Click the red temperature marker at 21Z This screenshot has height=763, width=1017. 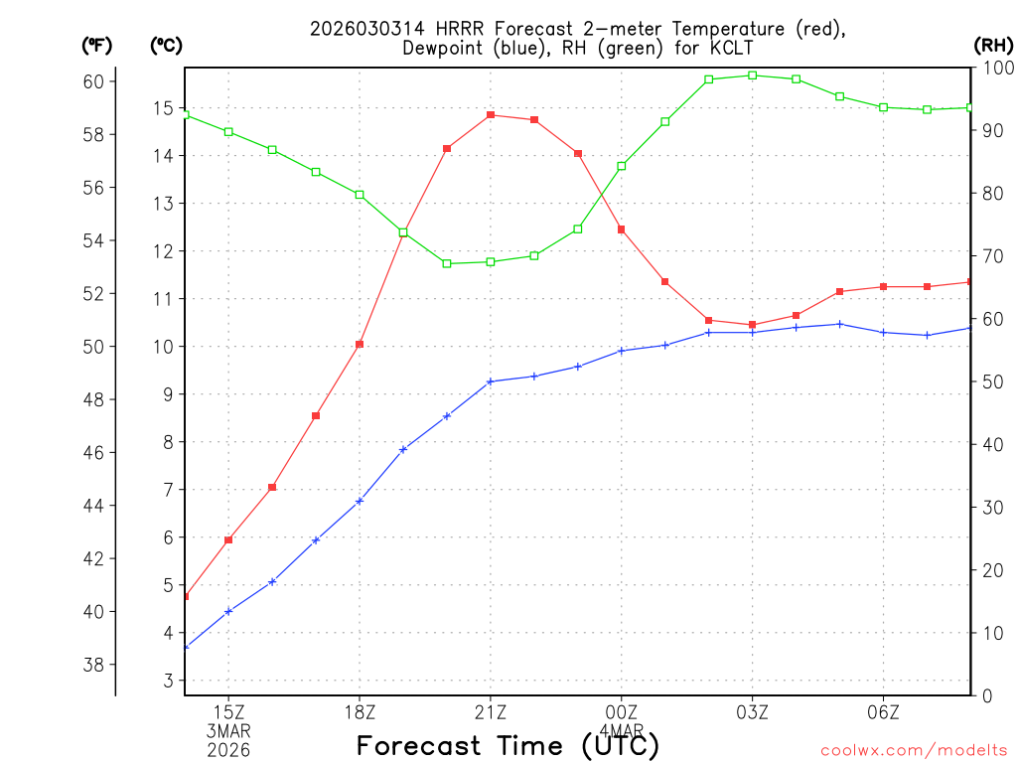[x=491, y=115]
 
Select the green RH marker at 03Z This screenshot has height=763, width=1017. [x=753, y=76]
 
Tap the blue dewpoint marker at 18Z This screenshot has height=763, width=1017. [x=360, y=501]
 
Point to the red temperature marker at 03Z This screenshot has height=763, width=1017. [x=753, y=325]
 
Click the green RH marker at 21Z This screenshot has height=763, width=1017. [x=491, y=262]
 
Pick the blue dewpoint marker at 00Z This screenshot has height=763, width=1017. [x=622, y=351]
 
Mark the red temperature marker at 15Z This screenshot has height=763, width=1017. [x=228, y=540]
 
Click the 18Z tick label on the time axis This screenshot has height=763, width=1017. [x=360, y=712]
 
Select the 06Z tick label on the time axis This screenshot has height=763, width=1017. [x=883, y=712]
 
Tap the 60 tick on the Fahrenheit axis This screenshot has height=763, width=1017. [x=93, y=81]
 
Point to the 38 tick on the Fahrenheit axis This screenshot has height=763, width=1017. [x=93, y=665]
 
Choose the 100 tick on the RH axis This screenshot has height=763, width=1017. [x=996, y=68]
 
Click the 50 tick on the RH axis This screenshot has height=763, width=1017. [x=992, y=381]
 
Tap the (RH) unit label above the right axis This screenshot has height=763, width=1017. [x=993, y=45]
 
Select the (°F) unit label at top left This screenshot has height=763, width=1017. [x=97, y=45]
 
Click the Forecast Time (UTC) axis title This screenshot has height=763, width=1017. [x=508, y=745]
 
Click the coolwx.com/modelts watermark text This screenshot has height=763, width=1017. [x=914, y=750]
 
